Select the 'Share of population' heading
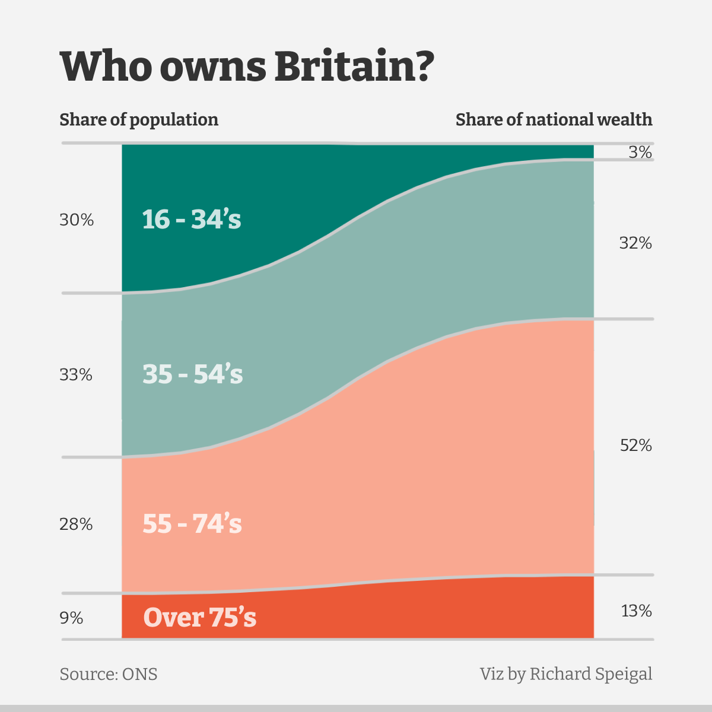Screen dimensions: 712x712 tap(139, 120)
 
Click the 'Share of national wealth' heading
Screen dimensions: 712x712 tap(554, 120)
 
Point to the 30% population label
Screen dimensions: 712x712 tap(77, 220)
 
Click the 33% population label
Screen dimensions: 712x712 tap(76, 375)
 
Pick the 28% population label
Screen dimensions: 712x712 tap(76, 525)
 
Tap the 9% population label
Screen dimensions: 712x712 tap(71, 618)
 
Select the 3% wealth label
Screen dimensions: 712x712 tap(640, 153)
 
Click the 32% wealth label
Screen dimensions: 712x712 tap(635, 243)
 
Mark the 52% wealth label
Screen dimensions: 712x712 tap(635, 446)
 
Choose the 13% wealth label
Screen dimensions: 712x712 tap(636, 611)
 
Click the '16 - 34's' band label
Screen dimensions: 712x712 tap(192, 220)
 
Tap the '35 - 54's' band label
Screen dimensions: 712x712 tap(193, 374)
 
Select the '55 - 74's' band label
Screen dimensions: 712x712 tap(192, 524)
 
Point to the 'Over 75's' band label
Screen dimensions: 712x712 tap(200, 618)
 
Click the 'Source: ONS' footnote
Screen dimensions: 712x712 tap(109, 675)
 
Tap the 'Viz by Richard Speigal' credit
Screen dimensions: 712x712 tap(566, 675)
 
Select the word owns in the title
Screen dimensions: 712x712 tap(213, 67)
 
